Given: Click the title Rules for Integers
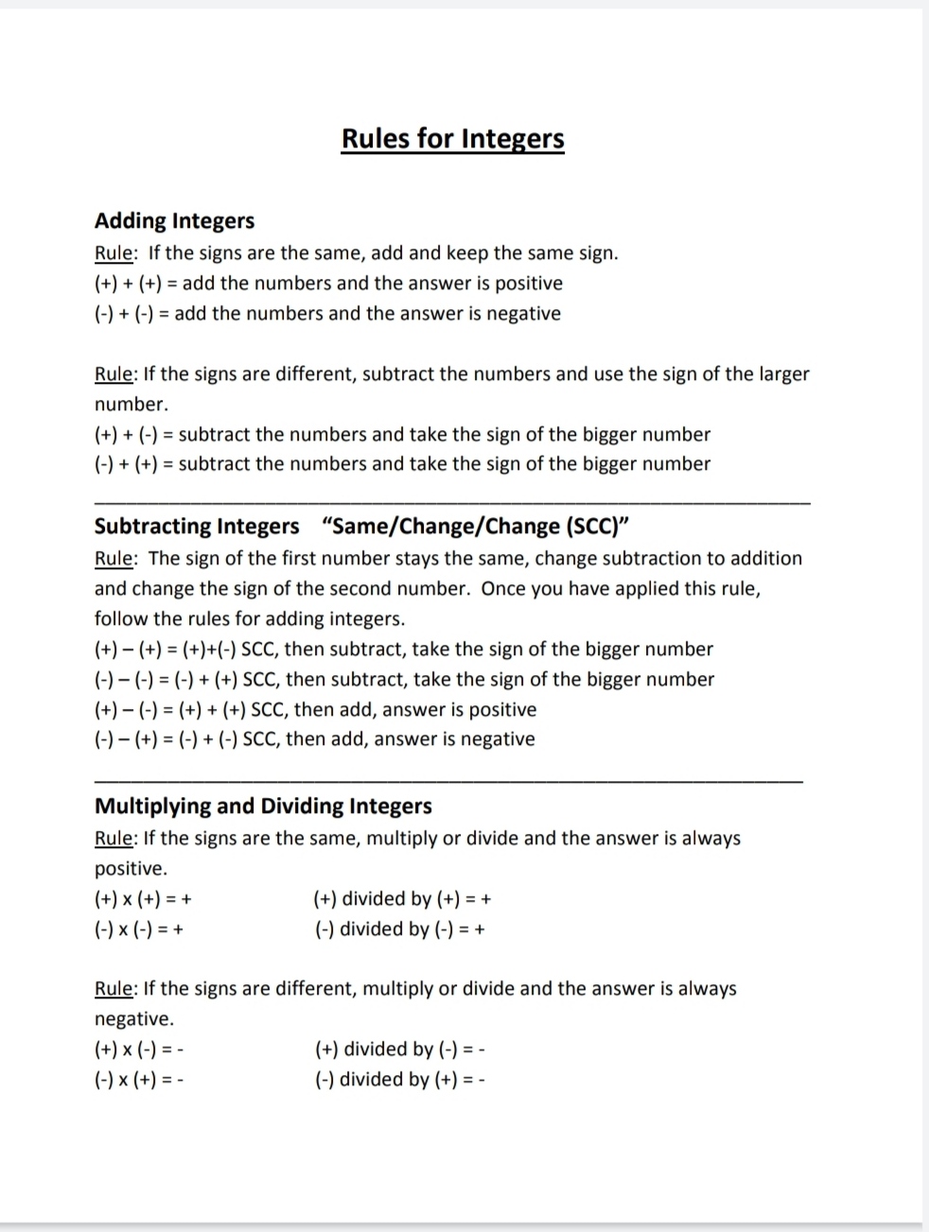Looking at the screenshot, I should click(452, 139).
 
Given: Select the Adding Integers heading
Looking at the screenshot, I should click(174, 220).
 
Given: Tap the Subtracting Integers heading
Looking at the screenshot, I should click(197, 526).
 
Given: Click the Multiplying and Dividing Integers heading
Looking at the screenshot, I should click(263, 806).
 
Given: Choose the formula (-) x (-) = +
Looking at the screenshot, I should click(139, 928).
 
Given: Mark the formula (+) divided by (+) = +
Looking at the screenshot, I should click(402, 898).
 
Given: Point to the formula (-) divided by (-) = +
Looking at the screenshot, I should click(400, 928).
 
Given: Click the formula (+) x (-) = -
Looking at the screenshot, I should click(139, 1049).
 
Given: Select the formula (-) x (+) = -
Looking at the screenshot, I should click(139, 1079).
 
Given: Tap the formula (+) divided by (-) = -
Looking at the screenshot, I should click(400, 1049).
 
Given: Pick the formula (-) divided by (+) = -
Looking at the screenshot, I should click(399, 1079).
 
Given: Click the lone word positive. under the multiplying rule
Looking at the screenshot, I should click(131, 868).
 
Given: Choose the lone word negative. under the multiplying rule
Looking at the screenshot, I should click(134, 1018).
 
